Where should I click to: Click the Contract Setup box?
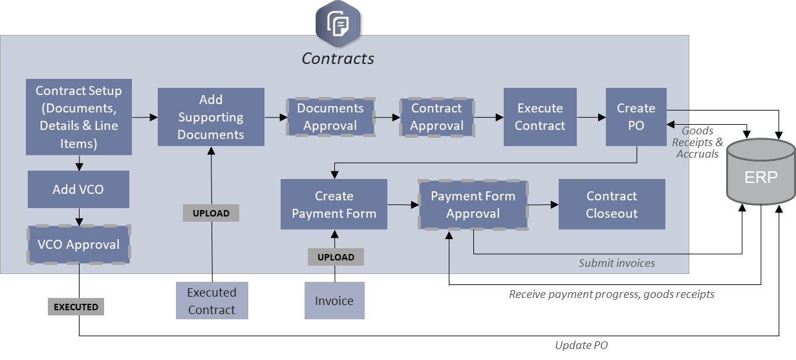(x=78, y=117)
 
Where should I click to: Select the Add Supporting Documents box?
(x=211, y=117)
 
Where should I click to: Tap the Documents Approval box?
(x=330, y=117)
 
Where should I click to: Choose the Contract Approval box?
(x=436, y=117)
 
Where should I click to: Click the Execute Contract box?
(x=540, y=117)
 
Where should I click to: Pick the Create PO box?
(x=636, y=117)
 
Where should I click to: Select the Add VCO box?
(x=78, y=189)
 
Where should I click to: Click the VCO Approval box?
(x=78, y=244)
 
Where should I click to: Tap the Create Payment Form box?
(x=334, y=204)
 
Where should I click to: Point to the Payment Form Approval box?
(x=473, y=204)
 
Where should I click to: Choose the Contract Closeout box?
(x=612, y=204)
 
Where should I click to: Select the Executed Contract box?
(x=211, y=301)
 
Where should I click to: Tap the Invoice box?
(x=334, y=301)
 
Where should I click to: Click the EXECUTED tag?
(x=76, y=307)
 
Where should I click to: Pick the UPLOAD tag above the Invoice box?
(x=336, y=257)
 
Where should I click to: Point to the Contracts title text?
(x=338, y=58)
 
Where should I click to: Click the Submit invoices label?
(x=616, y=263)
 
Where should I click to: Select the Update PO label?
(x=581, y=345)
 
